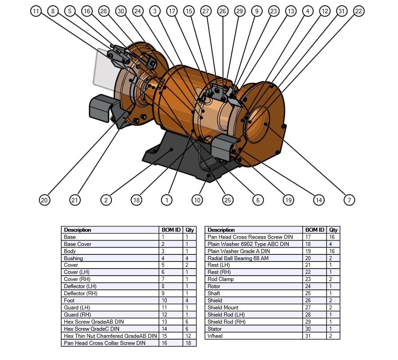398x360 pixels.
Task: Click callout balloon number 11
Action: coord(36,11)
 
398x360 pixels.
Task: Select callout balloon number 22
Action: coord(359,11)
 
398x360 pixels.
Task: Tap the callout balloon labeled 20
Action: coord(44,200)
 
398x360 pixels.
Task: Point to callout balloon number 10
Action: coord(197,200)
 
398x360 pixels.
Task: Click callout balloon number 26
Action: coord(223,11)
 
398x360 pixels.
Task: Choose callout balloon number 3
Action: coord(154,11)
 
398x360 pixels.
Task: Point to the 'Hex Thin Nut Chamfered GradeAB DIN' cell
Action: coord(110,336)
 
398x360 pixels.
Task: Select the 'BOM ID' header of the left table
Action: coord(171,230)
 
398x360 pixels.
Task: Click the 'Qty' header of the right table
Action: coord(333,230)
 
